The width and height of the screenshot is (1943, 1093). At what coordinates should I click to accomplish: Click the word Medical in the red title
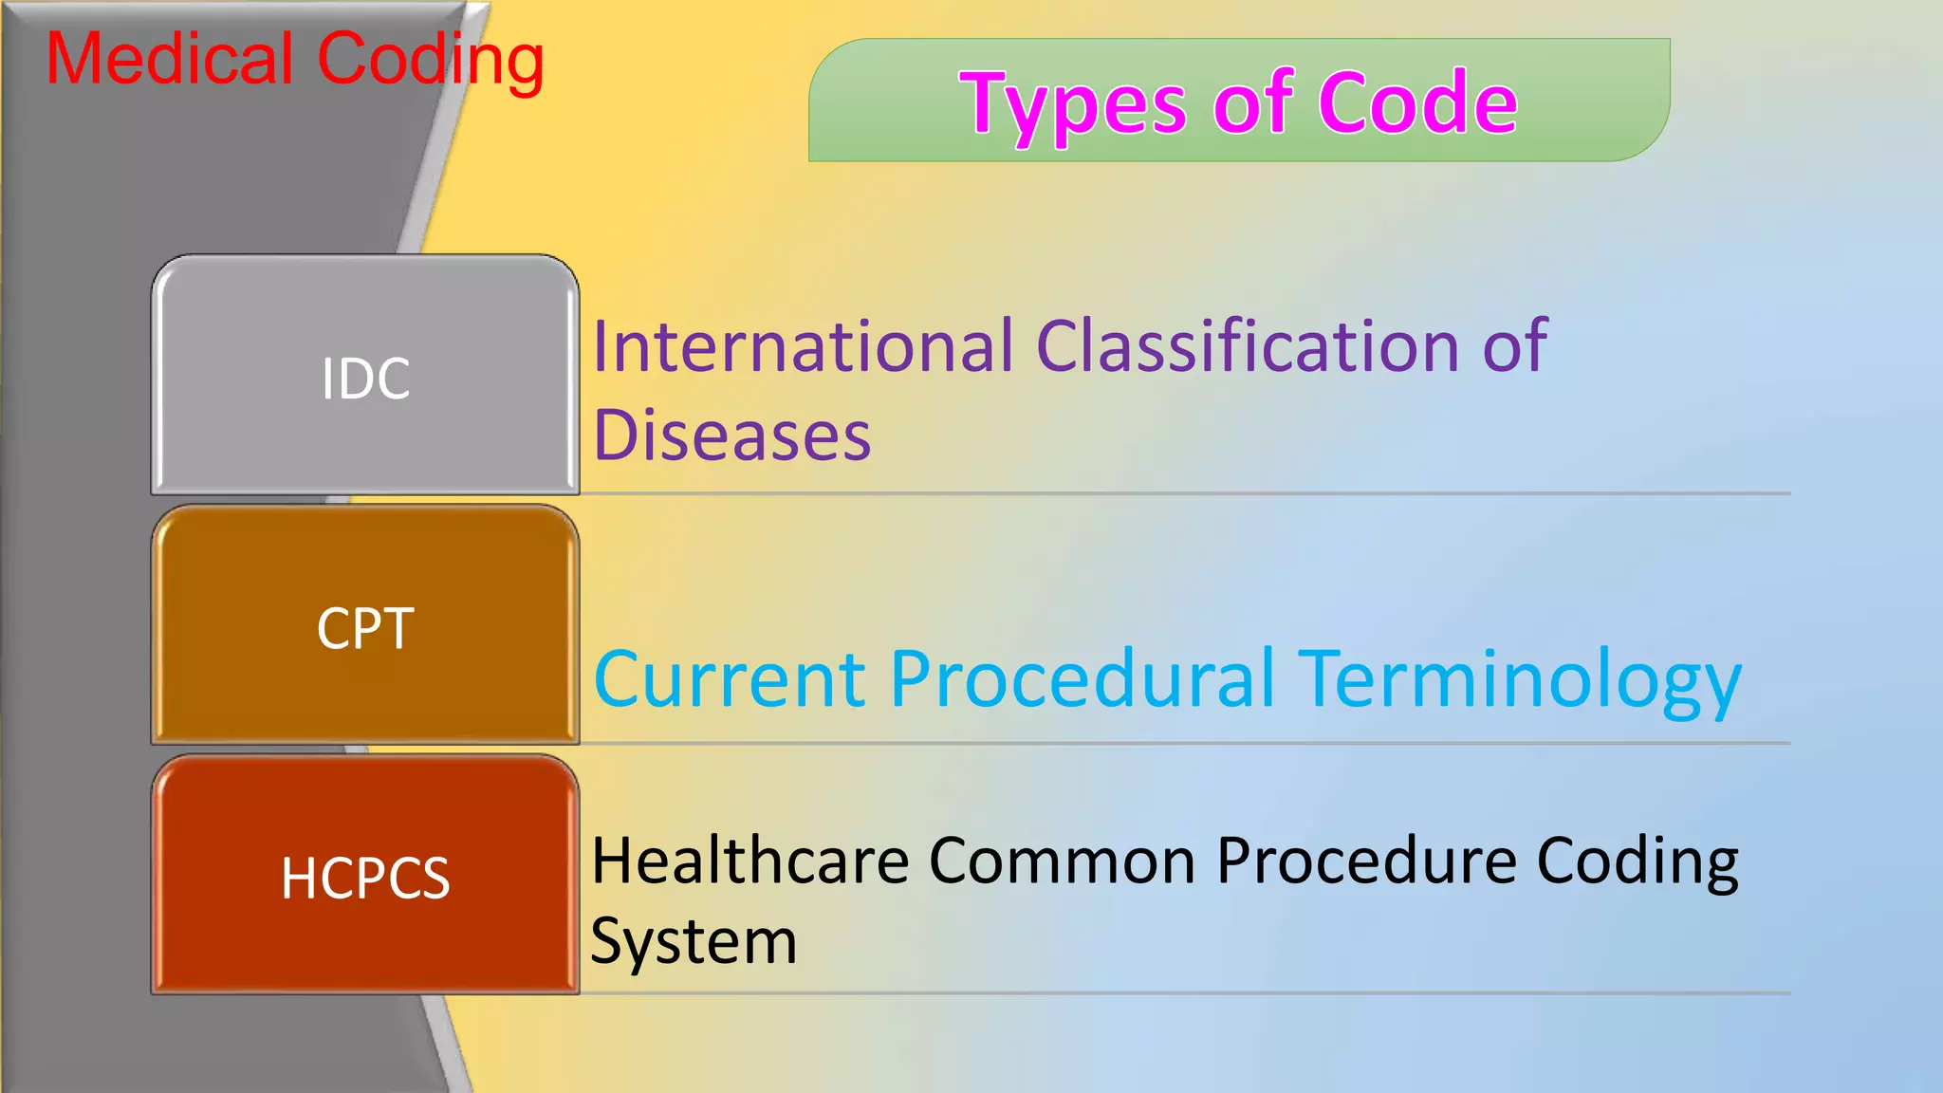170,59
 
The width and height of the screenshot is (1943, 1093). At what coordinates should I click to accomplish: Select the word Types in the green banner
1072,105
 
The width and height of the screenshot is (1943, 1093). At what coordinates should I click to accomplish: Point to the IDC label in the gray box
365,379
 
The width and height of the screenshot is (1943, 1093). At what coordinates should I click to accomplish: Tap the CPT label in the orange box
365,628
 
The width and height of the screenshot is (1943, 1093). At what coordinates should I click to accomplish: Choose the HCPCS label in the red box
365,878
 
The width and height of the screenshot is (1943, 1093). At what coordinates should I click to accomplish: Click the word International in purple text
803,345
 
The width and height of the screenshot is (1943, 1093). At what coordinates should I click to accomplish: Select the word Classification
1248,345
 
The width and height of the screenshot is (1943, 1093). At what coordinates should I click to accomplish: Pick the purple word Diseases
731,435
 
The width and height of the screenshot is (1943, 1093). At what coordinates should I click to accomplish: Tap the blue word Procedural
1082,679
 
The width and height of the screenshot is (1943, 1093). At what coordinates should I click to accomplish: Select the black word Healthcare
749,861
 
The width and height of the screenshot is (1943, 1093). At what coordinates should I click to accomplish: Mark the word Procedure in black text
1366,861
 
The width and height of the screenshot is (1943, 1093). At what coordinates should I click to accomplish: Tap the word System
694,942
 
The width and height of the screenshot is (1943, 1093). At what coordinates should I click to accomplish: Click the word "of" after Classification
1515,345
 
